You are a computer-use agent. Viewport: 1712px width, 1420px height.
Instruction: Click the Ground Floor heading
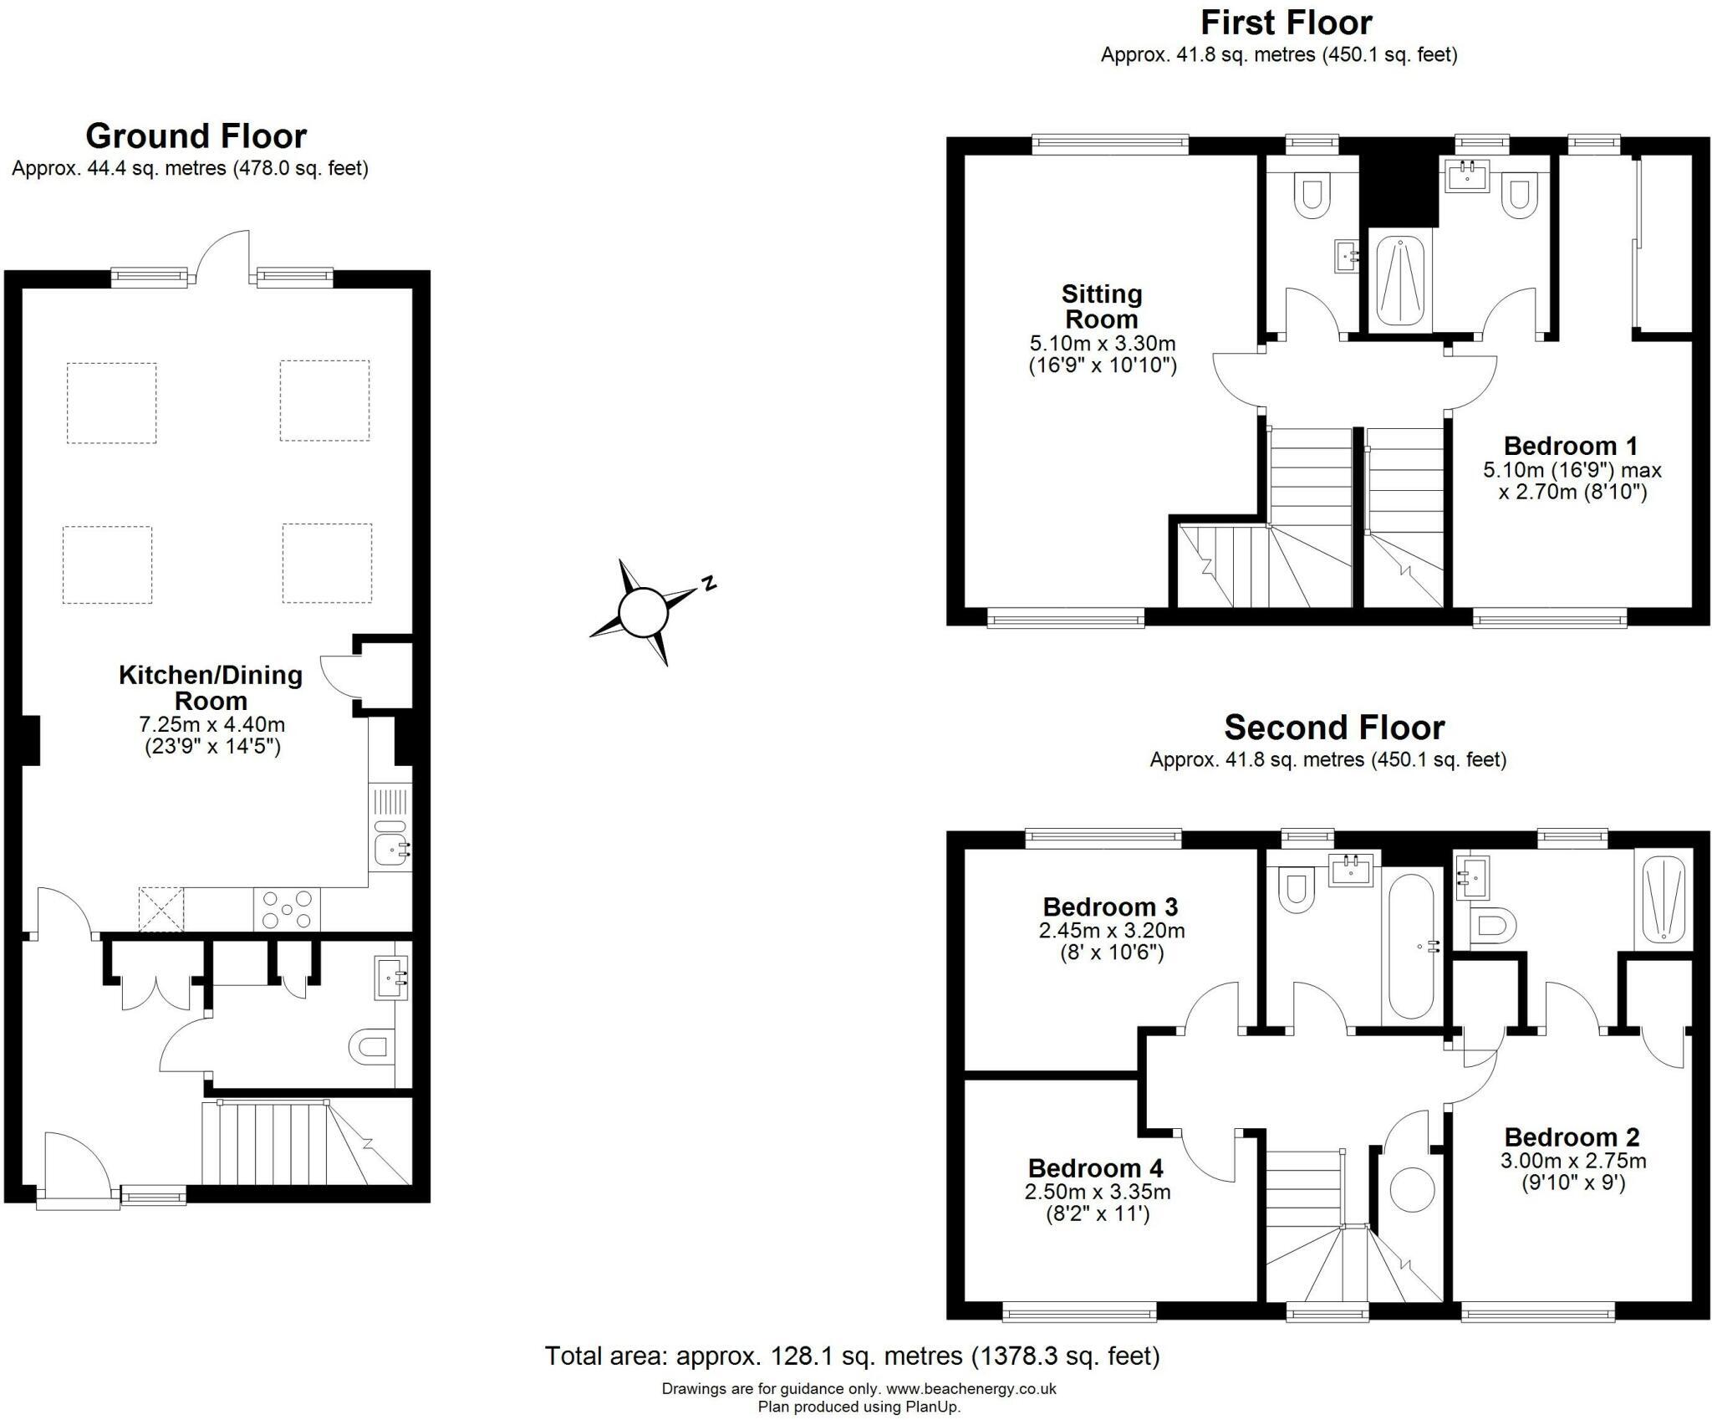(196, 135)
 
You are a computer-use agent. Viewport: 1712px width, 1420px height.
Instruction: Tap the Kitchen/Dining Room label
(211, 687)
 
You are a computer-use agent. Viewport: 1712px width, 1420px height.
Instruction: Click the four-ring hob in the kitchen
(286, 910)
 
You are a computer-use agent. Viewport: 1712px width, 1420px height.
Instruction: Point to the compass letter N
(709, 583)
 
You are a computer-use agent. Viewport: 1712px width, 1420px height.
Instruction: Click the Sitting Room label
(1101, 306)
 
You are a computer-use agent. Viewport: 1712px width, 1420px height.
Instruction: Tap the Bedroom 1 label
(1570, 445)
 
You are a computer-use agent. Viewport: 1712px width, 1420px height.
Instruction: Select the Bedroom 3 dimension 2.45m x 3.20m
(1111, 930)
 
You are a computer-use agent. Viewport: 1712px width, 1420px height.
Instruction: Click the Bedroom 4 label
(1095, 1167)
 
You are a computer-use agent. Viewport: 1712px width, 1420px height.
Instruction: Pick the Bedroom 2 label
(1572, 1137)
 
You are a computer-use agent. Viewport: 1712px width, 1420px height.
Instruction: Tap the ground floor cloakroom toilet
(370, 1046)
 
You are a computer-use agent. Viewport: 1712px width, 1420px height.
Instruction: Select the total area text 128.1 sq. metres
(853, 1355)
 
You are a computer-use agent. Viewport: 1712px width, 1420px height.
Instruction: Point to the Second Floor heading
(1334, 728)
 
